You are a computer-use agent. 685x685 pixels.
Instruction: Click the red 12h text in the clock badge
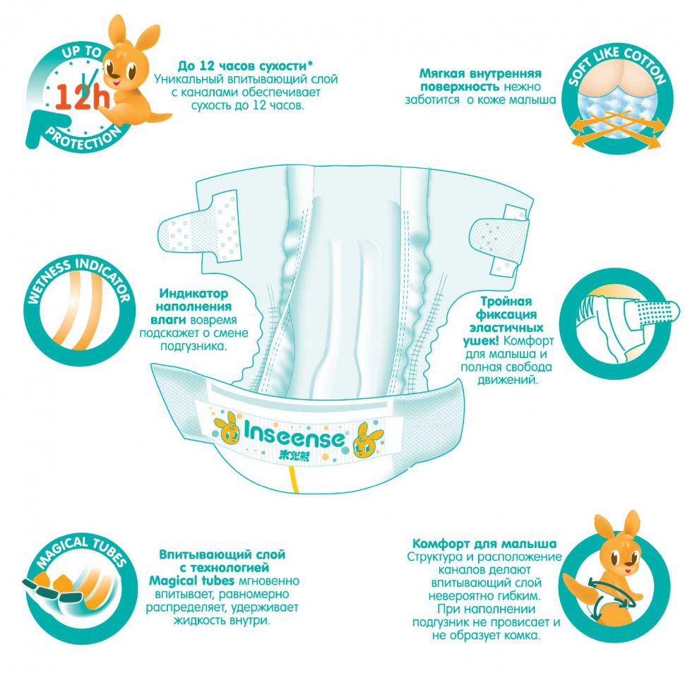[x=83, y=97]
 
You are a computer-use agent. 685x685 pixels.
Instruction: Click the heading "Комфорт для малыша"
[x=484, y=544]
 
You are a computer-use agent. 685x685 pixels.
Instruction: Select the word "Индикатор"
[x=193, y=294]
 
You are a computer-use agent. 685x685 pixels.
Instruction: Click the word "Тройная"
[x=506, y=302]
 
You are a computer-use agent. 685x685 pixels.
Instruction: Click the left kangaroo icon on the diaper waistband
[x=227, y=429]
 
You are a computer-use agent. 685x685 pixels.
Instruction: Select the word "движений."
[x=508, y=380]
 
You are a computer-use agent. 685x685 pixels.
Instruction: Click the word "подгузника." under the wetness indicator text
[x=194, y=347]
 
